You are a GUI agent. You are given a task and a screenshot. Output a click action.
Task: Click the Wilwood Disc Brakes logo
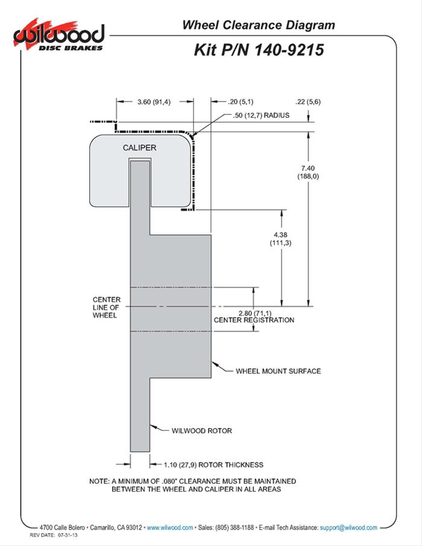click(x=58, y=37)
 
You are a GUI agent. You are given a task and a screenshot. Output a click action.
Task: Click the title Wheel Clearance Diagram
click(x=258, y=25)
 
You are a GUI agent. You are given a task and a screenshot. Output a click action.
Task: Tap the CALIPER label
click(x=139, y=148)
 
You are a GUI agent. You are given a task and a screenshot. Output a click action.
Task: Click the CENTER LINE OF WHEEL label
click(x=106, y=307)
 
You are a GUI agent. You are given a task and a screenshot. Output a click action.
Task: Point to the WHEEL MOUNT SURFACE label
click(x=278, y=371)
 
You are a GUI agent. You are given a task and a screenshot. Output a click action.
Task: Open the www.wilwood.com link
click(x=170, y=527)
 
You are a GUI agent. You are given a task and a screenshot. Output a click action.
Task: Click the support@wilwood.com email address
click(x=349, y=527)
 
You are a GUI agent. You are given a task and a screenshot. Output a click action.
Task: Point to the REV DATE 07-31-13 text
click(x=54, y=535)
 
